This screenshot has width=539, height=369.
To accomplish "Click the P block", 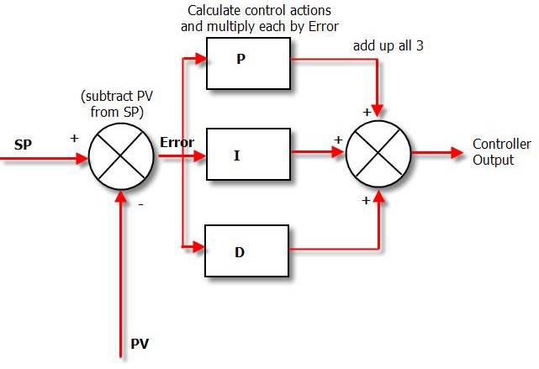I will [248, 63].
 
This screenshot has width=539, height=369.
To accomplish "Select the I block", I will [248, 155].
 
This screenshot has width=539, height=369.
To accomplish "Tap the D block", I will [248, 250].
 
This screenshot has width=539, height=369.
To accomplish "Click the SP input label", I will [24, 144].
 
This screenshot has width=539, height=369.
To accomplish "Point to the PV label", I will [140, 345].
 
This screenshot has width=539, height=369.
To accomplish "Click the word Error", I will [177, 142].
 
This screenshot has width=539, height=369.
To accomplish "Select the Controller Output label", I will [501, 151].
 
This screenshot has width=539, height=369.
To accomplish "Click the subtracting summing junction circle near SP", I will [123, 156].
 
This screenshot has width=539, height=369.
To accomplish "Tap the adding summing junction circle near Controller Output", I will [379, 154].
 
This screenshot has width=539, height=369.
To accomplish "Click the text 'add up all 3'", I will [388, 45].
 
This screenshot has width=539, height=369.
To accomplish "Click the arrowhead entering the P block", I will [200, 59].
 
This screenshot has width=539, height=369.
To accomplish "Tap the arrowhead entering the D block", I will [200, 247].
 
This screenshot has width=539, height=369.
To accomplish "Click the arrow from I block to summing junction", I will [318, 153].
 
